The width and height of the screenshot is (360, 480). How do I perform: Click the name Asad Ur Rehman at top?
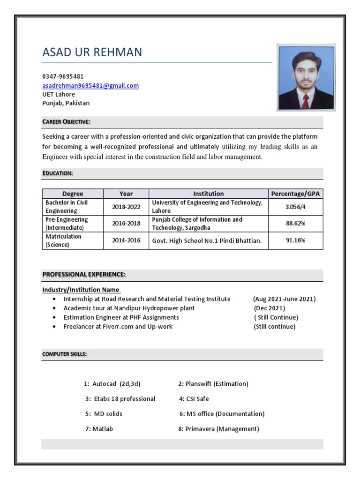coord(92,52)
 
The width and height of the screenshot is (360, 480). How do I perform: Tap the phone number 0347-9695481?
coord(63,76)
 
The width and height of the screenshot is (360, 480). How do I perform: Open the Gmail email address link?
coord(90,85)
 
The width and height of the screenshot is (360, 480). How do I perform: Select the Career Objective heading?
coord(66,122)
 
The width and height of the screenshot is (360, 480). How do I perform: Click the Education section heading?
coord(58,173)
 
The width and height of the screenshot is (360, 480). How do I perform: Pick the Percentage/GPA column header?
coord(295,194)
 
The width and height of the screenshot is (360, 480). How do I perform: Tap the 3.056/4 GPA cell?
coord(295,207)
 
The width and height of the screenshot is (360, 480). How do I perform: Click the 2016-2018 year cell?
coord(126,224)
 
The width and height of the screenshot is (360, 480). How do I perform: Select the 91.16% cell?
coord(295,240)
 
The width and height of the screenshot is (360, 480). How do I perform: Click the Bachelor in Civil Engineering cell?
coord(67,207)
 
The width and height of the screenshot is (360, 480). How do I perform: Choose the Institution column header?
coord(209,194)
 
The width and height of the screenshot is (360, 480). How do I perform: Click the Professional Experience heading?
coord(84,274)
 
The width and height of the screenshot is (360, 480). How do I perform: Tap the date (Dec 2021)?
coord(270,308)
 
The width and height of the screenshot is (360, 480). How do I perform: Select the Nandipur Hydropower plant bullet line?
coord(129,308)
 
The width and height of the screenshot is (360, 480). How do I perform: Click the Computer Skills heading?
coord(65,354)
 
